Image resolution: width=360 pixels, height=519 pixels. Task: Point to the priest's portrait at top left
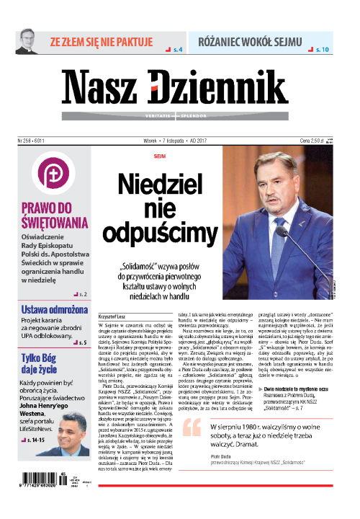pos(28,41)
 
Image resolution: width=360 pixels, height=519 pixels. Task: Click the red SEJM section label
pos(160,156)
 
